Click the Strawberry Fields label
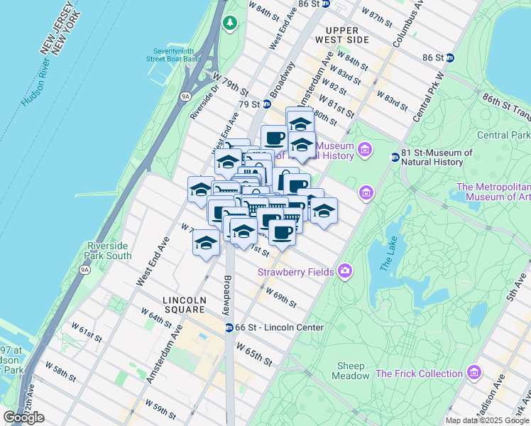[297, 271]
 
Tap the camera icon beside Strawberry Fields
[345, 271]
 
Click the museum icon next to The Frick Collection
[473, 373]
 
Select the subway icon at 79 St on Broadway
[266, 104]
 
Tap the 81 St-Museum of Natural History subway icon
[395, 157]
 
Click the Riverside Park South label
[109, 251]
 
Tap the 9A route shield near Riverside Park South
[84, 270]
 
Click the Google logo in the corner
[23, 417]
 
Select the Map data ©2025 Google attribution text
[487, 420]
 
